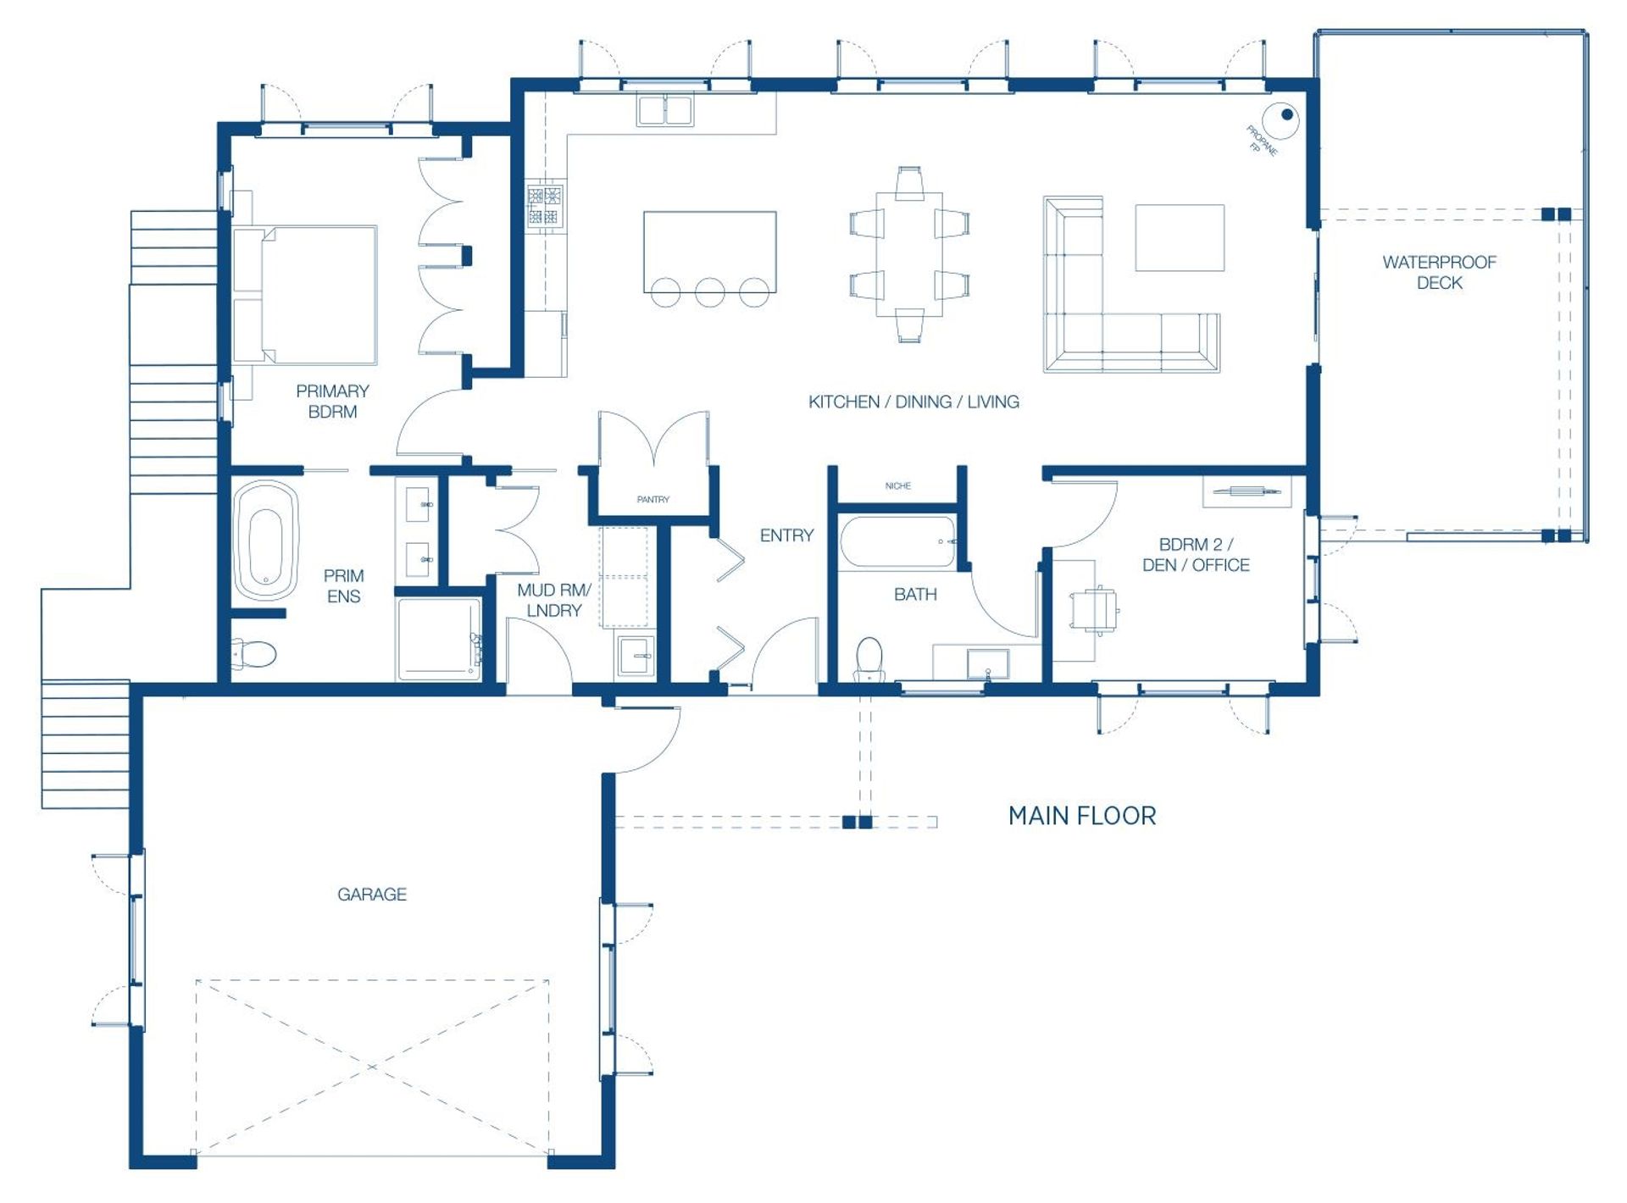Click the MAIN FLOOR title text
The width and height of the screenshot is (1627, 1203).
pyautogui.click(x=1082, y=816)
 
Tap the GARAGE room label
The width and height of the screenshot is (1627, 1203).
pyautogui.click(x=372, y=894)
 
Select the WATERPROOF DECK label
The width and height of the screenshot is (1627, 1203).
pyautogui.click(x=1439, y=272)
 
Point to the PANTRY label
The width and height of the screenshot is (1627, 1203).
pyautogui.click(x=652, y=500)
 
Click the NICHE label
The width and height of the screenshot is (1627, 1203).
pyautogui.click(x=897, y=486)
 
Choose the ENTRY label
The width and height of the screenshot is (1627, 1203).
pyautogui.click(x=786, y=535)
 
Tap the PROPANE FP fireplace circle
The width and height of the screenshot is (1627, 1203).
pyautogui.click(x=1280, y=120)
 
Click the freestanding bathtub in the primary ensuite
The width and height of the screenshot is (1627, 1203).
pyautogui.click(x=265, y=541)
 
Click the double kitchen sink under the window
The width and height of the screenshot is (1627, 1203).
pyautogui.click(x=665, y=111)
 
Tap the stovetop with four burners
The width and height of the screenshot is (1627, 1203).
pyautogui.click(x=545, y=206)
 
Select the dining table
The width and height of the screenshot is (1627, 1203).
pyautogui.click(x=909, y=254)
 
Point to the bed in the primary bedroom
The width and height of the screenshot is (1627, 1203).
pyautogui.click(x=305, y=295)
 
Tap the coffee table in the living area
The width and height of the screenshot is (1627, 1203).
pyautogui.click(x=1180, y=237)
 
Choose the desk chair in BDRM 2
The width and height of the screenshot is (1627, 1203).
pyautogui.click(x=1094, y=609)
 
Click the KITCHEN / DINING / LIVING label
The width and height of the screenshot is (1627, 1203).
pyautogui.click(x=913, y=402)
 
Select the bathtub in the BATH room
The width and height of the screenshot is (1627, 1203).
pyautogui.click(x=897, y=541)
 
